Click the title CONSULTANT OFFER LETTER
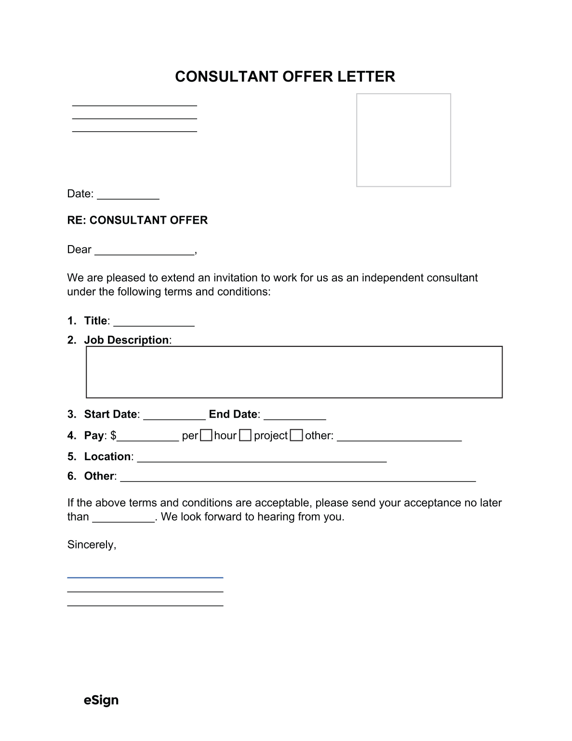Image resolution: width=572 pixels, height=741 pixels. pos(285,77)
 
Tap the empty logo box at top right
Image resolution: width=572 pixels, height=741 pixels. pos(403,140)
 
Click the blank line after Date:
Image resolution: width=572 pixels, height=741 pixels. pos(128,195)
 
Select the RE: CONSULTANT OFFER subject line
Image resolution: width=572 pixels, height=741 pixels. pos(137,220)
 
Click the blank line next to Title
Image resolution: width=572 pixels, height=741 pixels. pos(154,322)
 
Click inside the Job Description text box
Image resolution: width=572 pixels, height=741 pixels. pos(294,372)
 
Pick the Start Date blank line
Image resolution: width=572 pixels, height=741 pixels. pos(174,415)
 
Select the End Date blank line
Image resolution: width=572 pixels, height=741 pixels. pos(295,415)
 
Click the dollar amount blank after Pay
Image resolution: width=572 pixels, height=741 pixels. pos(148,437)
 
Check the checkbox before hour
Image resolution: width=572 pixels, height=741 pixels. pos(206,436)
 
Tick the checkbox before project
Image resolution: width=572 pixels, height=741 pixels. pos(246,436)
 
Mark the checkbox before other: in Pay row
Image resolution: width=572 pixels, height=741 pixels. pos(297,436)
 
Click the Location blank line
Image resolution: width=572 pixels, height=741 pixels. pos(262,458)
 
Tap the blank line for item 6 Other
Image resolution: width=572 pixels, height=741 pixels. pos(298,478)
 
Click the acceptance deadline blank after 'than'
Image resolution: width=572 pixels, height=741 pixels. pos(123,518)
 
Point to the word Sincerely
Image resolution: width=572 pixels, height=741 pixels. pos(92,545)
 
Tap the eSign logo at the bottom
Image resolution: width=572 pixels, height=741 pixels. pos(101,700)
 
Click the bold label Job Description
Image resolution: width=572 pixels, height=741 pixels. pos(126,340)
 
